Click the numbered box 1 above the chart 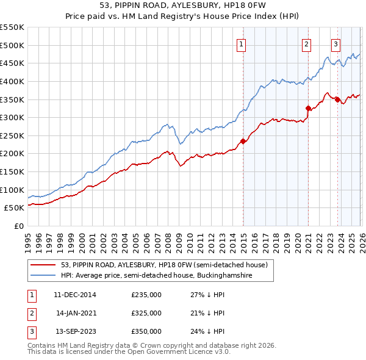pos(242,43)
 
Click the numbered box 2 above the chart pos(306,43)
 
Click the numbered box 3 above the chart pos(335,43)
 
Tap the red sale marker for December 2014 pos(243,141)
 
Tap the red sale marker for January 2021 pos(309,108)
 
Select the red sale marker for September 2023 pos(337,99)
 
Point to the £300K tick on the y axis pos(12,117)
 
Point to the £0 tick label pos(18,226)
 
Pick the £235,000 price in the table pos(146,295)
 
